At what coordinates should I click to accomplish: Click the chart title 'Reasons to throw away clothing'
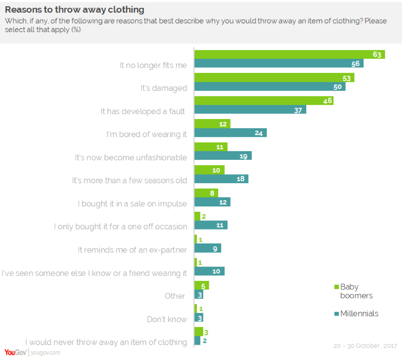pyautogui.click(x=75, y=9)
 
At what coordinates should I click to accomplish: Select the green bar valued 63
pyautogui.click(x=289, y=54)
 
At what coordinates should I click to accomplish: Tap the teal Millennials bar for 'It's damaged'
pyautogui.click(x=270, y=86)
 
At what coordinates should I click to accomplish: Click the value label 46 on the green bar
pyautogui.click(x=327, y=101)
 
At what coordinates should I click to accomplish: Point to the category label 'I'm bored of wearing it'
pyautogui.click(x=146, y=134)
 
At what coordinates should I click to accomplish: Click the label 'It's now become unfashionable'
pyautogui.click(x=131, y=157)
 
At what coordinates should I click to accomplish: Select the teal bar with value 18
pyautogui.click(x=221, y=179)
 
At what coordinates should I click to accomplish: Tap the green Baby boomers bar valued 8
pyautogui.click(x=206, y=193)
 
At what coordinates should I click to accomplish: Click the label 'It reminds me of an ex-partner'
pyautogui.click(x=132, y=250)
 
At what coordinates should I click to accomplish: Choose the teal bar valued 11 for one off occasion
pyautogui.click(x=211, y=225)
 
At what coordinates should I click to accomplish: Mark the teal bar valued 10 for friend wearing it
pyautogui.click(x=209, y=271)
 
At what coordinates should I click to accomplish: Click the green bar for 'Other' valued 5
pyautogui.click(x=202, y=285)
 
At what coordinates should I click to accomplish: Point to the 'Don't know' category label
pyautogui.click(x=167, y=319)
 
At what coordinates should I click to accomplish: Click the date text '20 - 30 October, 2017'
pyautogui.click(x=365, y=346)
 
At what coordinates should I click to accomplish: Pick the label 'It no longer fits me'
pyautogui.click(x=153, y=65)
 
